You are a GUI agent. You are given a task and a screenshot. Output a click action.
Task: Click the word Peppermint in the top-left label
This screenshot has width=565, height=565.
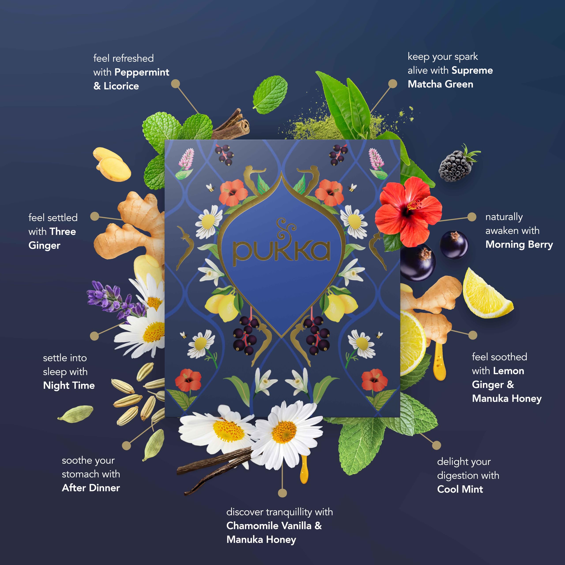click(142, 72)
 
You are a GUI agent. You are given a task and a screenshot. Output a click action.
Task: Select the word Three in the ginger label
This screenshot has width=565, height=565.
click(63, 232)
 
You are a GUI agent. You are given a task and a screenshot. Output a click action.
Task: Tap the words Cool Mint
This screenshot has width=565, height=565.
click(460, 489)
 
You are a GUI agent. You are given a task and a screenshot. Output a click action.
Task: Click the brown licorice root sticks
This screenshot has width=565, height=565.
click(231, 124)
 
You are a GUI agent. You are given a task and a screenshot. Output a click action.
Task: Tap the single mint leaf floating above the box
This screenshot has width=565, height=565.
click(270, 94)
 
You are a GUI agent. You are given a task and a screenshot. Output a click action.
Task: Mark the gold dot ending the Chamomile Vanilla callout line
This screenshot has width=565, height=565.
click(282, 493)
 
